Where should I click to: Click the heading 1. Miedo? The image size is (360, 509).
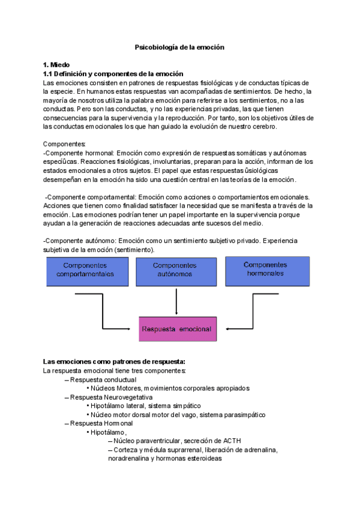56,64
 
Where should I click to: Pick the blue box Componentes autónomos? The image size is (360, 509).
174,269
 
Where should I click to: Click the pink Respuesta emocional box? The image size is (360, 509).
176,329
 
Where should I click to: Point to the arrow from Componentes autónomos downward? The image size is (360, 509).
176,300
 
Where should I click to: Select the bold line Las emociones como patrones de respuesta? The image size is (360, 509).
114,361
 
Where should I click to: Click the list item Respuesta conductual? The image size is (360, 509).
103,379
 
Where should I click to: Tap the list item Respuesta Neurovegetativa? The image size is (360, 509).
111,397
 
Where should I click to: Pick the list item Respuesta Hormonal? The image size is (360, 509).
101,423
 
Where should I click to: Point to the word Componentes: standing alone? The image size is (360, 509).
64,144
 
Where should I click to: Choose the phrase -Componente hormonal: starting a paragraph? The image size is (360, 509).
79,153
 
